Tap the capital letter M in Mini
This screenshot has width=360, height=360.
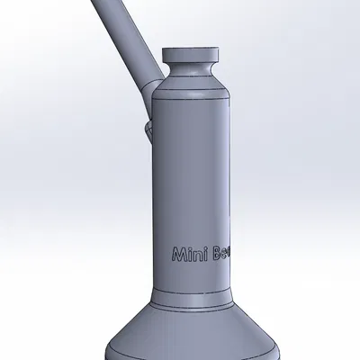(x=177, y=255)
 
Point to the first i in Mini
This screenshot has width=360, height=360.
(x=188, y=255)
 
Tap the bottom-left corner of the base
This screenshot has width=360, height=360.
(x=109, y=355)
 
